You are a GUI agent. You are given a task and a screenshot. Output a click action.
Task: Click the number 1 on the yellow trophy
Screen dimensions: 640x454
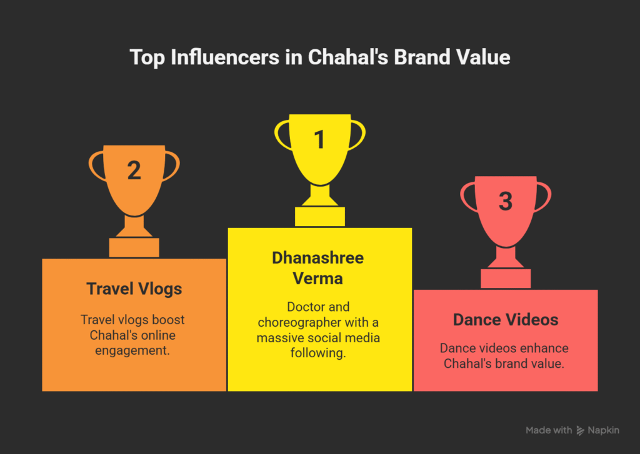(x=319, y=139)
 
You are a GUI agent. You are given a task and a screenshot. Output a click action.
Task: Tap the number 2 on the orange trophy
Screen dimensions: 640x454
(x=134, y=170)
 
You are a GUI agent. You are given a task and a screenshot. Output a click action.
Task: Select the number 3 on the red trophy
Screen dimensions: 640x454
(x=506, y=202)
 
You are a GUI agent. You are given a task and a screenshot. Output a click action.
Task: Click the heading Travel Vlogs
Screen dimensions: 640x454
(x=134, y=289)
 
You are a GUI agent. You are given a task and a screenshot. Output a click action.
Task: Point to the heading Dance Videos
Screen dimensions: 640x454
(x=506, y=320)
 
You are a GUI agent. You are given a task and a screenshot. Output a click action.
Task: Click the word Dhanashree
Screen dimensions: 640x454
(x=318, y=258)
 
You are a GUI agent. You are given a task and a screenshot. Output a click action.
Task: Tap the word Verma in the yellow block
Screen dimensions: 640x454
(x=318, y=279)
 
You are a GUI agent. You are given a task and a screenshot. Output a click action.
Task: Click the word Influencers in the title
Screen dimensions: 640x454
(x=225, y=57)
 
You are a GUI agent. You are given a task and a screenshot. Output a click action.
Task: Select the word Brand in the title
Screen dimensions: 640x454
(x=422, y=57)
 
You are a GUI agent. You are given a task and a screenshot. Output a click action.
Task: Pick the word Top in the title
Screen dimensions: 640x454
(x=147, y=57)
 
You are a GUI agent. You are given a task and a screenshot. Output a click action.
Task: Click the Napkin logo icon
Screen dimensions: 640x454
(x=580, y=430)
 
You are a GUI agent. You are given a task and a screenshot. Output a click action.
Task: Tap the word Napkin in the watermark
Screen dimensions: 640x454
(x=603, y=430)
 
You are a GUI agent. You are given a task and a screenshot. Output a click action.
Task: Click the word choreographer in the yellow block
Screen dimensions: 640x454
(x=299, y=322)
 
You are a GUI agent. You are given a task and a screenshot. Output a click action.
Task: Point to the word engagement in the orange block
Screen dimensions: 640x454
(x=132, y=350)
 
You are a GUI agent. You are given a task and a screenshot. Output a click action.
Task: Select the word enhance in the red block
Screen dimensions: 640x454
(x=544, y=348)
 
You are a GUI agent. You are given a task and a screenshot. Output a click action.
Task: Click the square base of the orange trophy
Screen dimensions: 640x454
(x=134, y=247)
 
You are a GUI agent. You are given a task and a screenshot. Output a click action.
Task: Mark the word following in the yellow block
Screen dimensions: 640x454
(x=318, y=353)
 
